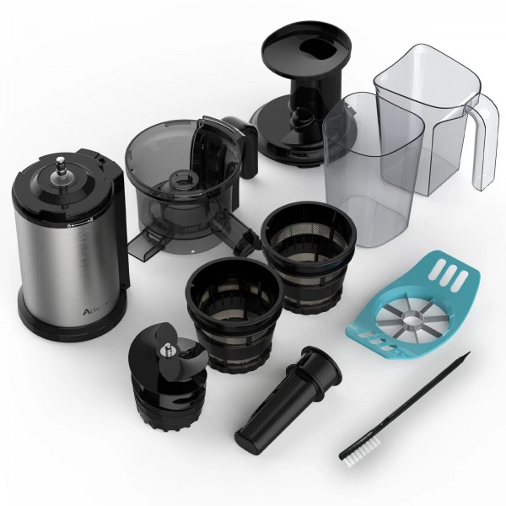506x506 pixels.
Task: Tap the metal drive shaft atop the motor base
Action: pos(62,166)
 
